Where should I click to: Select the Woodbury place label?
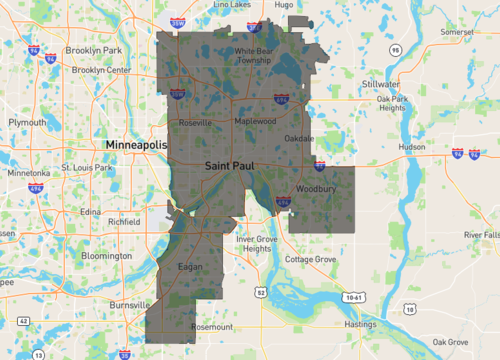tap(315, 188)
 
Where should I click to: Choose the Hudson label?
tap(411, 146)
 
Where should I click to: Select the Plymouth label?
tap(27, 122)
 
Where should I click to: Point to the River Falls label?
tap(482, 234)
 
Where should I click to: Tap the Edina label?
tap(92, 211)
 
